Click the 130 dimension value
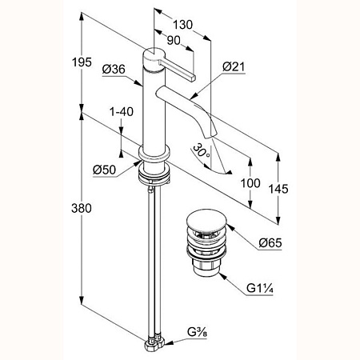(182, 25)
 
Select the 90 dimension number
(174, 41)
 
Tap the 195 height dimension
(82, 62)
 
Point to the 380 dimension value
(82, 208)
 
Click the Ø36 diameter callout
(114, 70)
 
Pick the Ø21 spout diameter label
(234, 66)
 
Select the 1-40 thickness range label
(122, 112)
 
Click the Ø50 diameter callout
(105, 170)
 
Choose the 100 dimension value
(250, 183)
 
